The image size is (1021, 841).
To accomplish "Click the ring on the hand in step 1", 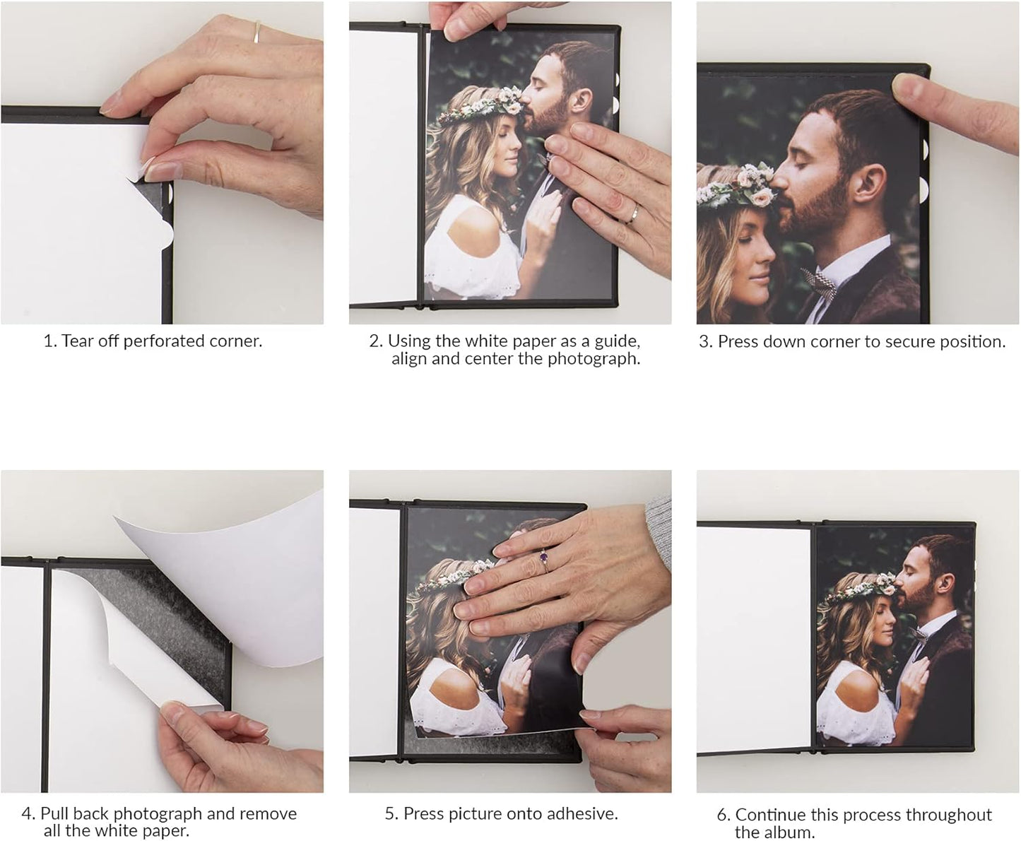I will click(x=258, y=33).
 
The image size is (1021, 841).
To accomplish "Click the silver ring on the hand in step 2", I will click(x=634, y=213).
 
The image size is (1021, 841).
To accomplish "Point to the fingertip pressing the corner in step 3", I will click(x=908, y=88).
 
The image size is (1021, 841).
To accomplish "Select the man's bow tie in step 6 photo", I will click(x=918, y=633).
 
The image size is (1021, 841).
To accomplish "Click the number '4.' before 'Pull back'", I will click(x=28, y=814).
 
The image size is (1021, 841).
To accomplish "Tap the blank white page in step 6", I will click(x=753, y=636).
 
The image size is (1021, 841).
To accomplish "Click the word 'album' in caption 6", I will click(x=793, y=833).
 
